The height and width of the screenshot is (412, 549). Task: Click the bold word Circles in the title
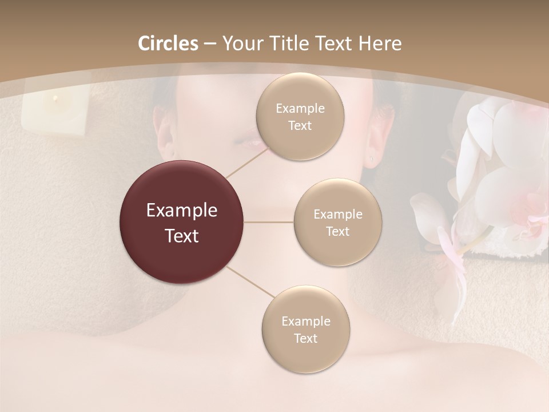[x=168, y=43]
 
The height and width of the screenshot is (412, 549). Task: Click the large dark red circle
[x=181, y=222]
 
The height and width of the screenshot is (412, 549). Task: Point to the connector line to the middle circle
[x=269, y=222]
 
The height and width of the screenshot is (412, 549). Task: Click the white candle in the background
[x=54, y=112]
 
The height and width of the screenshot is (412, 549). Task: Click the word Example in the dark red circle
[x=181, y=211]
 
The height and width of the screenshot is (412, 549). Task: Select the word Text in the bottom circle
[x=305, y=338]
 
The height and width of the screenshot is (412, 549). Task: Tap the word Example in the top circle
[x=300, y=108]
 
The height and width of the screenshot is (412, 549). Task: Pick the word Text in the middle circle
[x=337, y=231]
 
